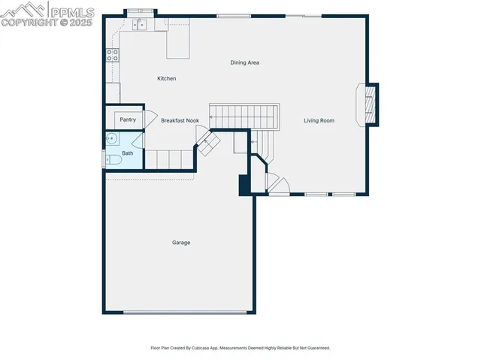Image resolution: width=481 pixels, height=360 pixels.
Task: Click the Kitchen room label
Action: tap(166, 78)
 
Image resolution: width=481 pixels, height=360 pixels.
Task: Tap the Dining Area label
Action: tap(244, 62)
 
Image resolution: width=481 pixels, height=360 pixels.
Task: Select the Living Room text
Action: tap(319, 120)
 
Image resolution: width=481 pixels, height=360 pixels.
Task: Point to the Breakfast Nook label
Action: tap(180, 120)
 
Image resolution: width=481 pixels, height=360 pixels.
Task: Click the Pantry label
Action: tap(128, 119)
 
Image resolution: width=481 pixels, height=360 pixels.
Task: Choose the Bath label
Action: tap(128, 153)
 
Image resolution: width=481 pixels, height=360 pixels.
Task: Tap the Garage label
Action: tap(180, 243)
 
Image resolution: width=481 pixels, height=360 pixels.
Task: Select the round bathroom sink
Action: tap(111, 138)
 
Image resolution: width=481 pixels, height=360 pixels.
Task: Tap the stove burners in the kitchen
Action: tap(112, 54)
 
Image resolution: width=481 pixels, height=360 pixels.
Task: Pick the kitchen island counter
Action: tap(178, 45)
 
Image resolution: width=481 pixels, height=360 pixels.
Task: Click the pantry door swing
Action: tap(149, 119)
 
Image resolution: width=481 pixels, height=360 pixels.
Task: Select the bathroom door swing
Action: tap(137, 141)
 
